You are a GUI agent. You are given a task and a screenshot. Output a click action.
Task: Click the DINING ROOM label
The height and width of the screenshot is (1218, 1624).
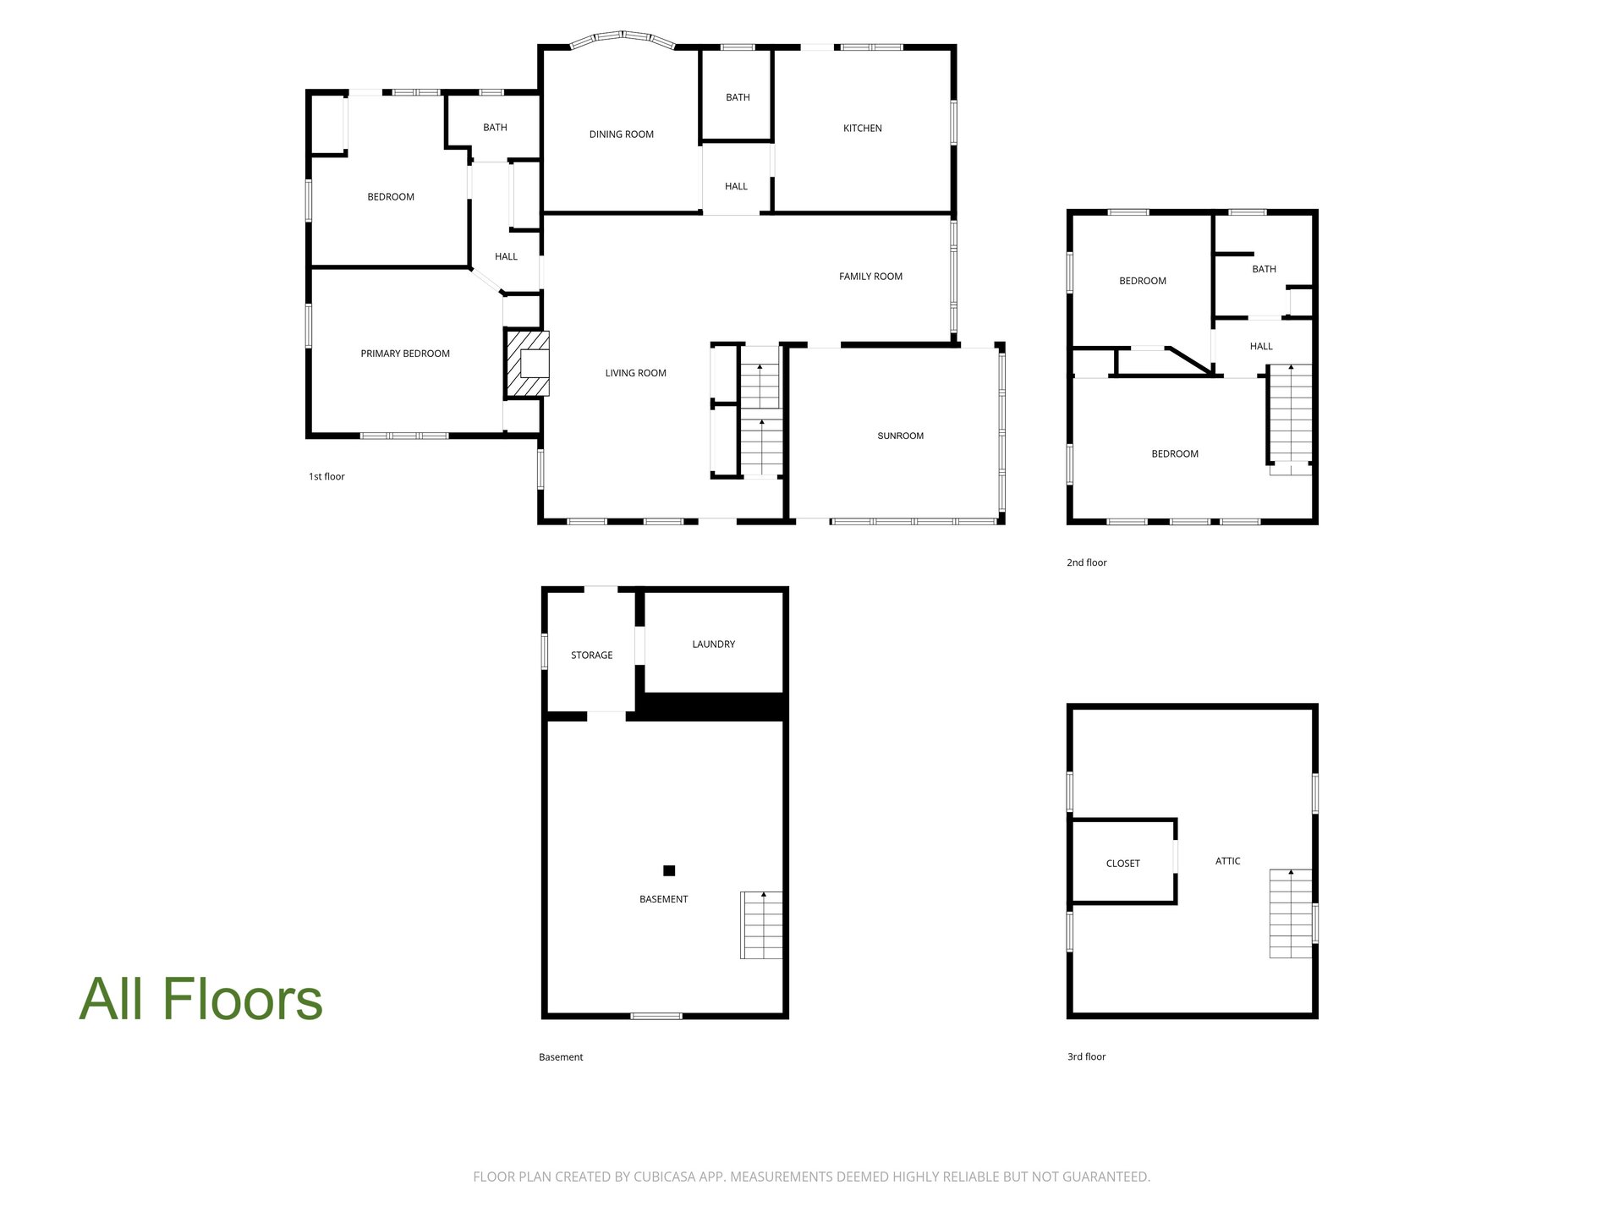tap(622, 134)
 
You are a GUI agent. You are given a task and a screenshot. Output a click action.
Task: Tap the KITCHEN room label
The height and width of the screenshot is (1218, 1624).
tap(863, 129)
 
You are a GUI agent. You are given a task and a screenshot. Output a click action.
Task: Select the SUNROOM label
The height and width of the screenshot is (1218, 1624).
tap(901, 436)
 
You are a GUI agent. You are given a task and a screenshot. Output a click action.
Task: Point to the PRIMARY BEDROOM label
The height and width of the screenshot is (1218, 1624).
tap(405, 354)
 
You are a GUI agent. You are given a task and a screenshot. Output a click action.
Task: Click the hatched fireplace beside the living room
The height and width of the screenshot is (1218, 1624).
tap(528, 364)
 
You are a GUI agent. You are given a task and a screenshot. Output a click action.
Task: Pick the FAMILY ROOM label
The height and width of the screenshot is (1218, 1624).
tap(870, 277)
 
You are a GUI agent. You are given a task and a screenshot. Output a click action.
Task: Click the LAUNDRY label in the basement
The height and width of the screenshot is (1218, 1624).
tap(714, 645)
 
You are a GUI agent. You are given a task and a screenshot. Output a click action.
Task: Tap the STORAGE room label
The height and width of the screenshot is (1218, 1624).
tap(592, 656)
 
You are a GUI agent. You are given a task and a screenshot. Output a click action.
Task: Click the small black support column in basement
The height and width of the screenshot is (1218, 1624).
tap(669, 870)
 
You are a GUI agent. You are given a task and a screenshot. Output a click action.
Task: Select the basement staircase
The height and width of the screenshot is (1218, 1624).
tap(761, 924)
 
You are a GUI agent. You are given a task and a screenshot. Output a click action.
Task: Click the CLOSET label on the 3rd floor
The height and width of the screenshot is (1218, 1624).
tap(1123, 864)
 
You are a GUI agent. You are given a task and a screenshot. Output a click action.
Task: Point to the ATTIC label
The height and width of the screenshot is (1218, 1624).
tap(1228, 861)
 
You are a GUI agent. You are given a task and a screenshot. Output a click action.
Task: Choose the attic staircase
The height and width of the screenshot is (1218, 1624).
tap(1291, 913)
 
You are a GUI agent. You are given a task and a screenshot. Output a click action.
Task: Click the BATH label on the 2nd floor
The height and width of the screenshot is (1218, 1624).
tap(1265, 269)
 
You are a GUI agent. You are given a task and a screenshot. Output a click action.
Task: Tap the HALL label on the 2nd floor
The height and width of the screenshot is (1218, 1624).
tap(1261, 346)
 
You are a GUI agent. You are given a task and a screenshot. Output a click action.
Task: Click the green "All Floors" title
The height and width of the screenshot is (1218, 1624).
tap(201, 999)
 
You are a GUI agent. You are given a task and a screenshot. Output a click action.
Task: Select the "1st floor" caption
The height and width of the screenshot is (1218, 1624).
tap(326, 477)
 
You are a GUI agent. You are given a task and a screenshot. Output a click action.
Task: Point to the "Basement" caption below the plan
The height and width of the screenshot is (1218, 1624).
tap(561, 1057)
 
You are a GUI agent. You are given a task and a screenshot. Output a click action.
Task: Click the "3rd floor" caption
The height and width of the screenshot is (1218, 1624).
tap(1087, 1057)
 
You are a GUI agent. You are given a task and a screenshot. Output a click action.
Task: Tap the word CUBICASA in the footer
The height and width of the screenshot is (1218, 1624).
tap(667, 1177)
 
